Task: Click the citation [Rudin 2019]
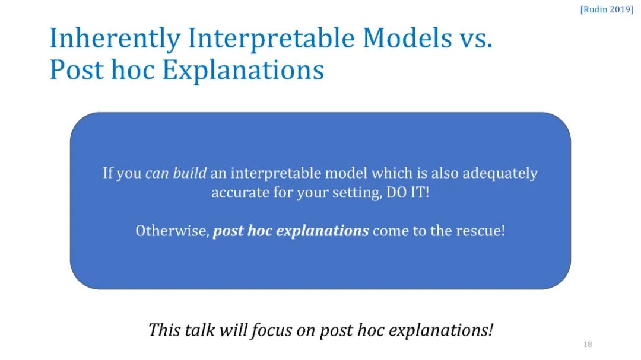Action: (x=607, y=9)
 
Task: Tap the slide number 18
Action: (x=588, y=344)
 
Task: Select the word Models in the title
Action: (x=407, y=38)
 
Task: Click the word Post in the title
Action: (x=77, y=70)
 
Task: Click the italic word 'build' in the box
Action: (x=190, y=173)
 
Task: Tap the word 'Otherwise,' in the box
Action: (x=173, y=231)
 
